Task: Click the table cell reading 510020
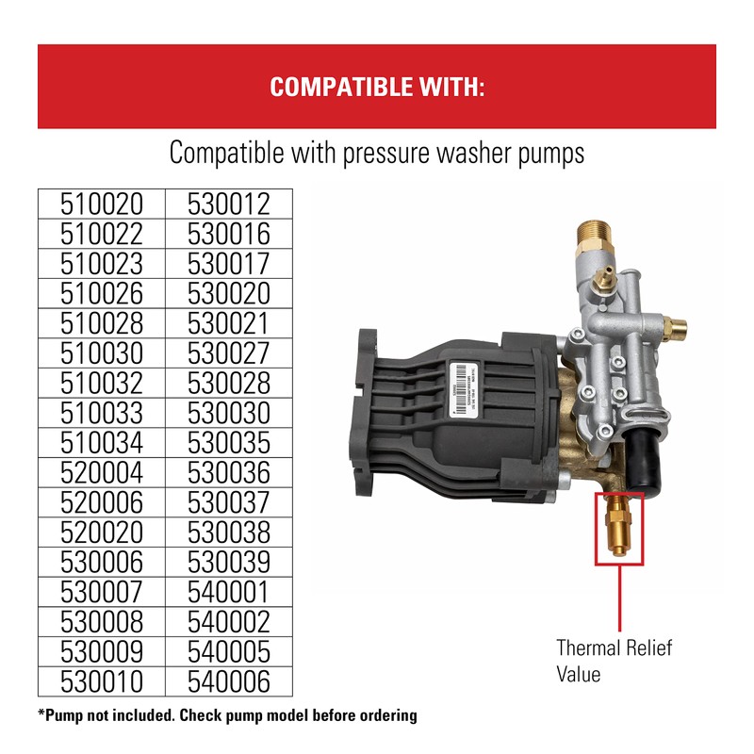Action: point(101,204)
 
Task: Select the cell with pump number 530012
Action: point(229,204)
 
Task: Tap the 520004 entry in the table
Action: point(101,472)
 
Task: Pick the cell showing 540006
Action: point(229,681)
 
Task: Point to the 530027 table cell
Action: point(229,352)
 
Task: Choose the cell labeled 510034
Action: point(101,442)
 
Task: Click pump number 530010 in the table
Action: point(101,681)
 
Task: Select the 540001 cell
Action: point(229,592)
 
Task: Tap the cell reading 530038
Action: point(229,532)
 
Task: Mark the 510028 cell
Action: point(101,323)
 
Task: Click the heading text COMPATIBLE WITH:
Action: point(377,88)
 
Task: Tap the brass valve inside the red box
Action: point(616,529)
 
